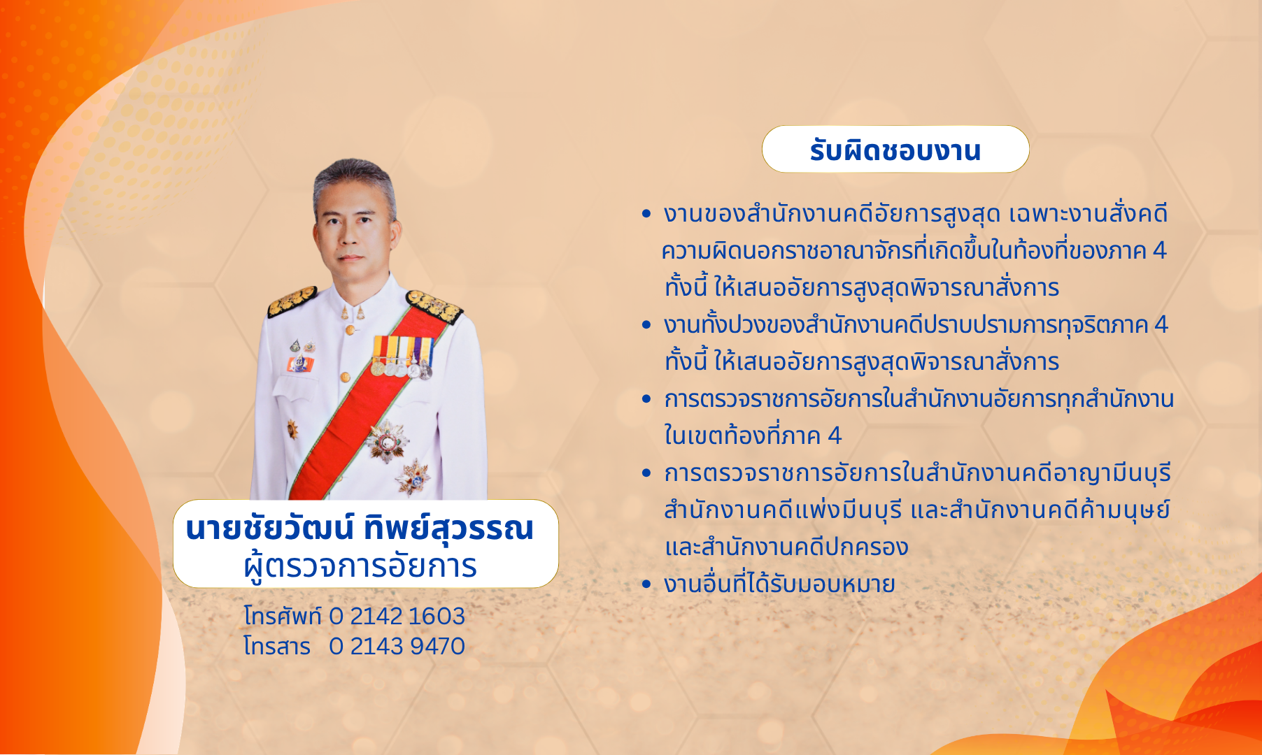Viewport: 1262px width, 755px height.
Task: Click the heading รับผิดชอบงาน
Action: (x=895, y=150)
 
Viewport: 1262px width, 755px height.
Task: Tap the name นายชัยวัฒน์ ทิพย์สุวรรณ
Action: (x=360, y=528)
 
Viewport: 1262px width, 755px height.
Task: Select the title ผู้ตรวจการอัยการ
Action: (x=360, y=566)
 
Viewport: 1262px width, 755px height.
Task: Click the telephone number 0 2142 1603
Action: (x=397, y=616)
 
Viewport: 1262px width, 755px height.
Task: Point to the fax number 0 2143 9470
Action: (x=397, y=646)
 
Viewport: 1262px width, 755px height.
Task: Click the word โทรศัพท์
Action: (x=282, y=616)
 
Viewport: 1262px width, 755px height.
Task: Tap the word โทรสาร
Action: (x=277, y=646)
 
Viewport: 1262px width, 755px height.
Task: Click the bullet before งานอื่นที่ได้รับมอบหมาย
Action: (x=646, y=584)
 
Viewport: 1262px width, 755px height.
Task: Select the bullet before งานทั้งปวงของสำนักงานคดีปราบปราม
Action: (x=646, y=325)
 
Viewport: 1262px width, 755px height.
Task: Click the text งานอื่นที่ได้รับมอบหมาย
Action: (x=779, y=584)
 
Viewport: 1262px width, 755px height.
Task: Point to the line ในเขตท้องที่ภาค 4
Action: (x=753, y=436)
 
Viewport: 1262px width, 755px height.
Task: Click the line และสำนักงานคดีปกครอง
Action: (x=786, y=547)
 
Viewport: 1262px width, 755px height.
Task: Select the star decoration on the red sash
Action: (x=385, y=441)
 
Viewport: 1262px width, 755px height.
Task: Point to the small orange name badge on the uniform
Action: (x=299, y=364)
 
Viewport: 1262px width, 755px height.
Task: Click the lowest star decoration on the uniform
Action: (x=413, y=478)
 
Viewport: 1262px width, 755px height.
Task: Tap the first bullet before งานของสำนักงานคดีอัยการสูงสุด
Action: (x=646, y=214)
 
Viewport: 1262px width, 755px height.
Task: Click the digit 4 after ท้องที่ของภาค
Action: (x=1159, y=250)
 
